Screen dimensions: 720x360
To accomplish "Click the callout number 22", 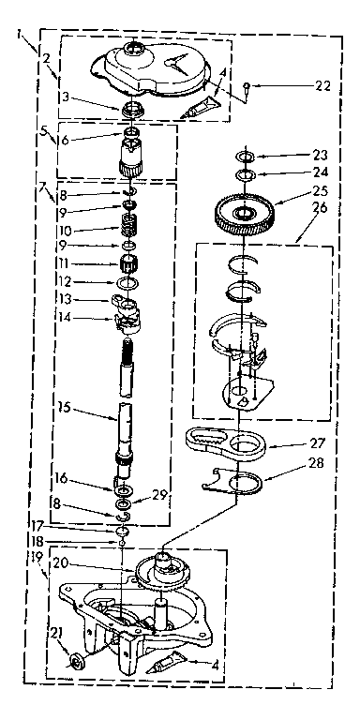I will click(x=323, y=87).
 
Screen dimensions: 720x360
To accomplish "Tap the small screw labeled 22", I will click(x=246, y=86).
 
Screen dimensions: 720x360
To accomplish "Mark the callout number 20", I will click(x=86, y=564).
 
